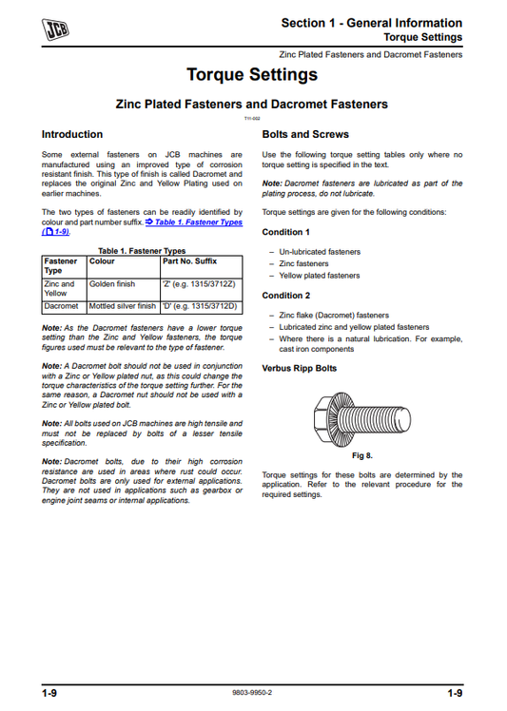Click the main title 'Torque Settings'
(252, 74)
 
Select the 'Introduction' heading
(72, 135)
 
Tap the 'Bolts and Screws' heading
(304, 135)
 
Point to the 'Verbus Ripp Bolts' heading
(299, 367)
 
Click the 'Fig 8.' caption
(361, 456)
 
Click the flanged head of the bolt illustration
(329, 413)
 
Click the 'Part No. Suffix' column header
(190, 259)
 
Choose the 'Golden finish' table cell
(112, 283)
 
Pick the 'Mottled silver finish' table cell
(122, 306)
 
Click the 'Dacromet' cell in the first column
(62, 306)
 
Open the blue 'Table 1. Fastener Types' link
(194, 221)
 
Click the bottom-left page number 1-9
(49, 694)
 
